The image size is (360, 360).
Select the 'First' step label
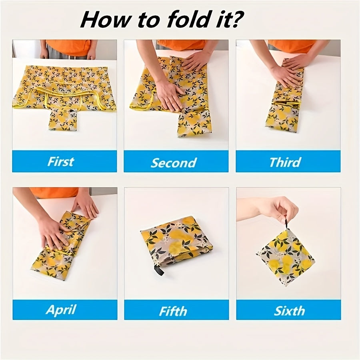click(x=61, y=162)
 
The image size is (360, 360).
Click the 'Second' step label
click(x=174, y=162)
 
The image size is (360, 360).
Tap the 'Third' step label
click(x=285, y=162)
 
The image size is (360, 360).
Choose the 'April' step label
click(x=61, y=310)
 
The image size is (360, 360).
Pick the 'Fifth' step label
click(x=173, y=311)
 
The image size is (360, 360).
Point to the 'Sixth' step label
click(x=289, y=311)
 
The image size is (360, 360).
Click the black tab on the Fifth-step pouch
click(x=160, y=270)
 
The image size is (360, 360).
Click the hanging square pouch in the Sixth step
click(x=286, y=257)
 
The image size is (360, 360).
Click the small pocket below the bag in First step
click(x=63, y=119)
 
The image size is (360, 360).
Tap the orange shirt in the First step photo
click(x=69, y=48)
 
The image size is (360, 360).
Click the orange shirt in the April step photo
click(x=54, y=192)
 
